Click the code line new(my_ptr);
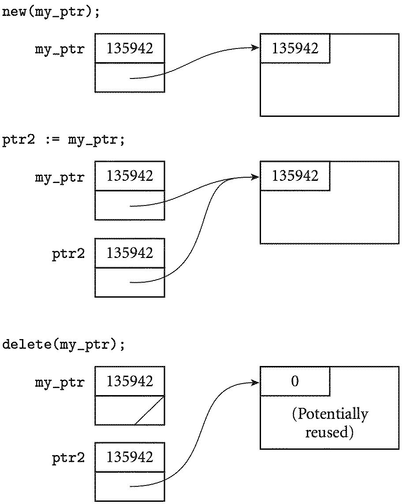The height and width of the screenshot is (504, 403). [51, 12]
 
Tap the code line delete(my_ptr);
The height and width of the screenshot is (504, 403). [63, 344]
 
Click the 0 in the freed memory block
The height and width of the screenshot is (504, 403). [295, 381]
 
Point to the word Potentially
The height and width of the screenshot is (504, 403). [330, 414]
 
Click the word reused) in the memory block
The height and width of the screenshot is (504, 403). [330, 432]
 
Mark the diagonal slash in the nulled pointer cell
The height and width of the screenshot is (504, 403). [149, 410]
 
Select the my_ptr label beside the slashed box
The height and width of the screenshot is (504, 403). [60, 382]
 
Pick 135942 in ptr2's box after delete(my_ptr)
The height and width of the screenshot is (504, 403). [130, 457]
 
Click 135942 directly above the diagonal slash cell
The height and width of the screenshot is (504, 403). [130, 381]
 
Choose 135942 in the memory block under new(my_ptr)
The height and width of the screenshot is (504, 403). [295, 48]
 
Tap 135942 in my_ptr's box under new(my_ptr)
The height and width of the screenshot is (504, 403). [130, 48]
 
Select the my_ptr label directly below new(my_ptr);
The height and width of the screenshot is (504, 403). [60, 49]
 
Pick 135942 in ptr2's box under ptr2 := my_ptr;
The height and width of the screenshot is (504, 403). [130, 253]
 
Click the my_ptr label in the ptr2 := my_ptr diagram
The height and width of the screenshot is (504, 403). [60, 177]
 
